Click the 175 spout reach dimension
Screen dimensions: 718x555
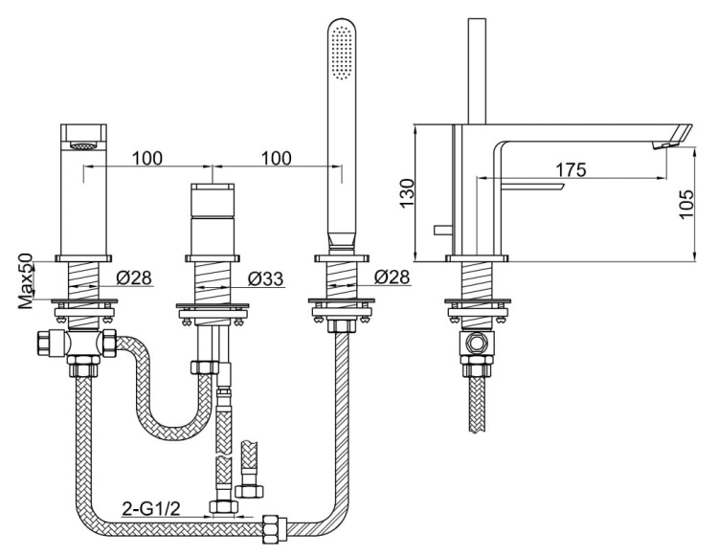point(571,169)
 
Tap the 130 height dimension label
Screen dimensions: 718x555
point(407,193)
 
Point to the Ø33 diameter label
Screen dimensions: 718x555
point(265,278)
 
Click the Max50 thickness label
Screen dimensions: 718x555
point(26,280)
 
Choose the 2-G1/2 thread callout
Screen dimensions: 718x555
point(150,508)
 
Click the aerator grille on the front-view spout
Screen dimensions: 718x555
point(83,146)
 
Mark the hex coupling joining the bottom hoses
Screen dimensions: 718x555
point(275,529)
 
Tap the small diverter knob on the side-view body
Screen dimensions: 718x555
point(441,230)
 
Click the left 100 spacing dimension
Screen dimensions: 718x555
point(147,158)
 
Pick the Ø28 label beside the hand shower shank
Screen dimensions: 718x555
point(392,277)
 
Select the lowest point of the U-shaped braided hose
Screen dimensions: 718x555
point(171,434)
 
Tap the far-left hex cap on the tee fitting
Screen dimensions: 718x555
point(42,343)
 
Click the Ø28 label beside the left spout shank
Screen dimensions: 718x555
point(133,277)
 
